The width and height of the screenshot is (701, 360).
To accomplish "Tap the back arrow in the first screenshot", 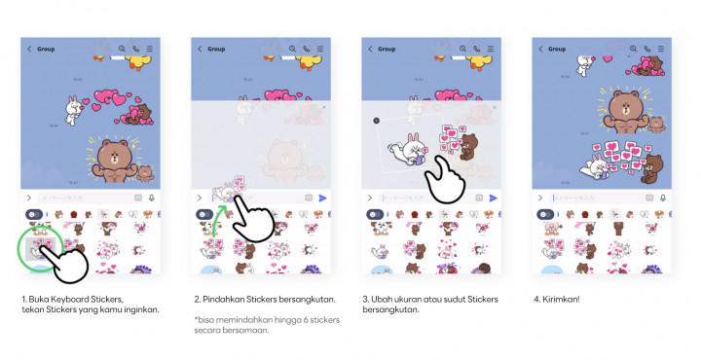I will click(x=29, y=49).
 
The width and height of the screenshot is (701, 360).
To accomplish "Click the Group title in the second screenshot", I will click(x=216, y=49).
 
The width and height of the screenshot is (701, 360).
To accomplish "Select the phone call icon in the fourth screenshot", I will click(x=646, y=49).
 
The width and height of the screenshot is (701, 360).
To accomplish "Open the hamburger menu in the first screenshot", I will click(x=149, y=49).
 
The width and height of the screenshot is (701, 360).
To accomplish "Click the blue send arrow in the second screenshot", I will click(x=322, y=198).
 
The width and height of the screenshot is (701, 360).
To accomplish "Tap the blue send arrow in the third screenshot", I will click(x=493, y=198).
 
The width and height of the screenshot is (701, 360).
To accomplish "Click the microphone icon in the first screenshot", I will click(x=152, y=198).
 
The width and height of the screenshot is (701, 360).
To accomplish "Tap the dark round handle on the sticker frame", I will click(x=377, y=121).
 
